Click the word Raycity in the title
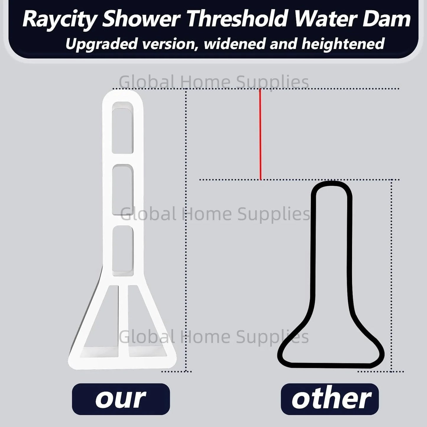59,20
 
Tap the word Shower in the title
142,20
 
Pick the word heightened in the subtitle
343,44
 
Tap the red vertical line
260,134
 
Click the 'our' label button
121,399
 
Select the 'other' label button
330,399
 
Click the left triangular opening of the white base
103,328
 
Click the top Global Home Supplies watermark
214,82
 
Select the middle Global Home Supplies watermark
215,214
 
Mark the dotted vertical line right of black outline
392,275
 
